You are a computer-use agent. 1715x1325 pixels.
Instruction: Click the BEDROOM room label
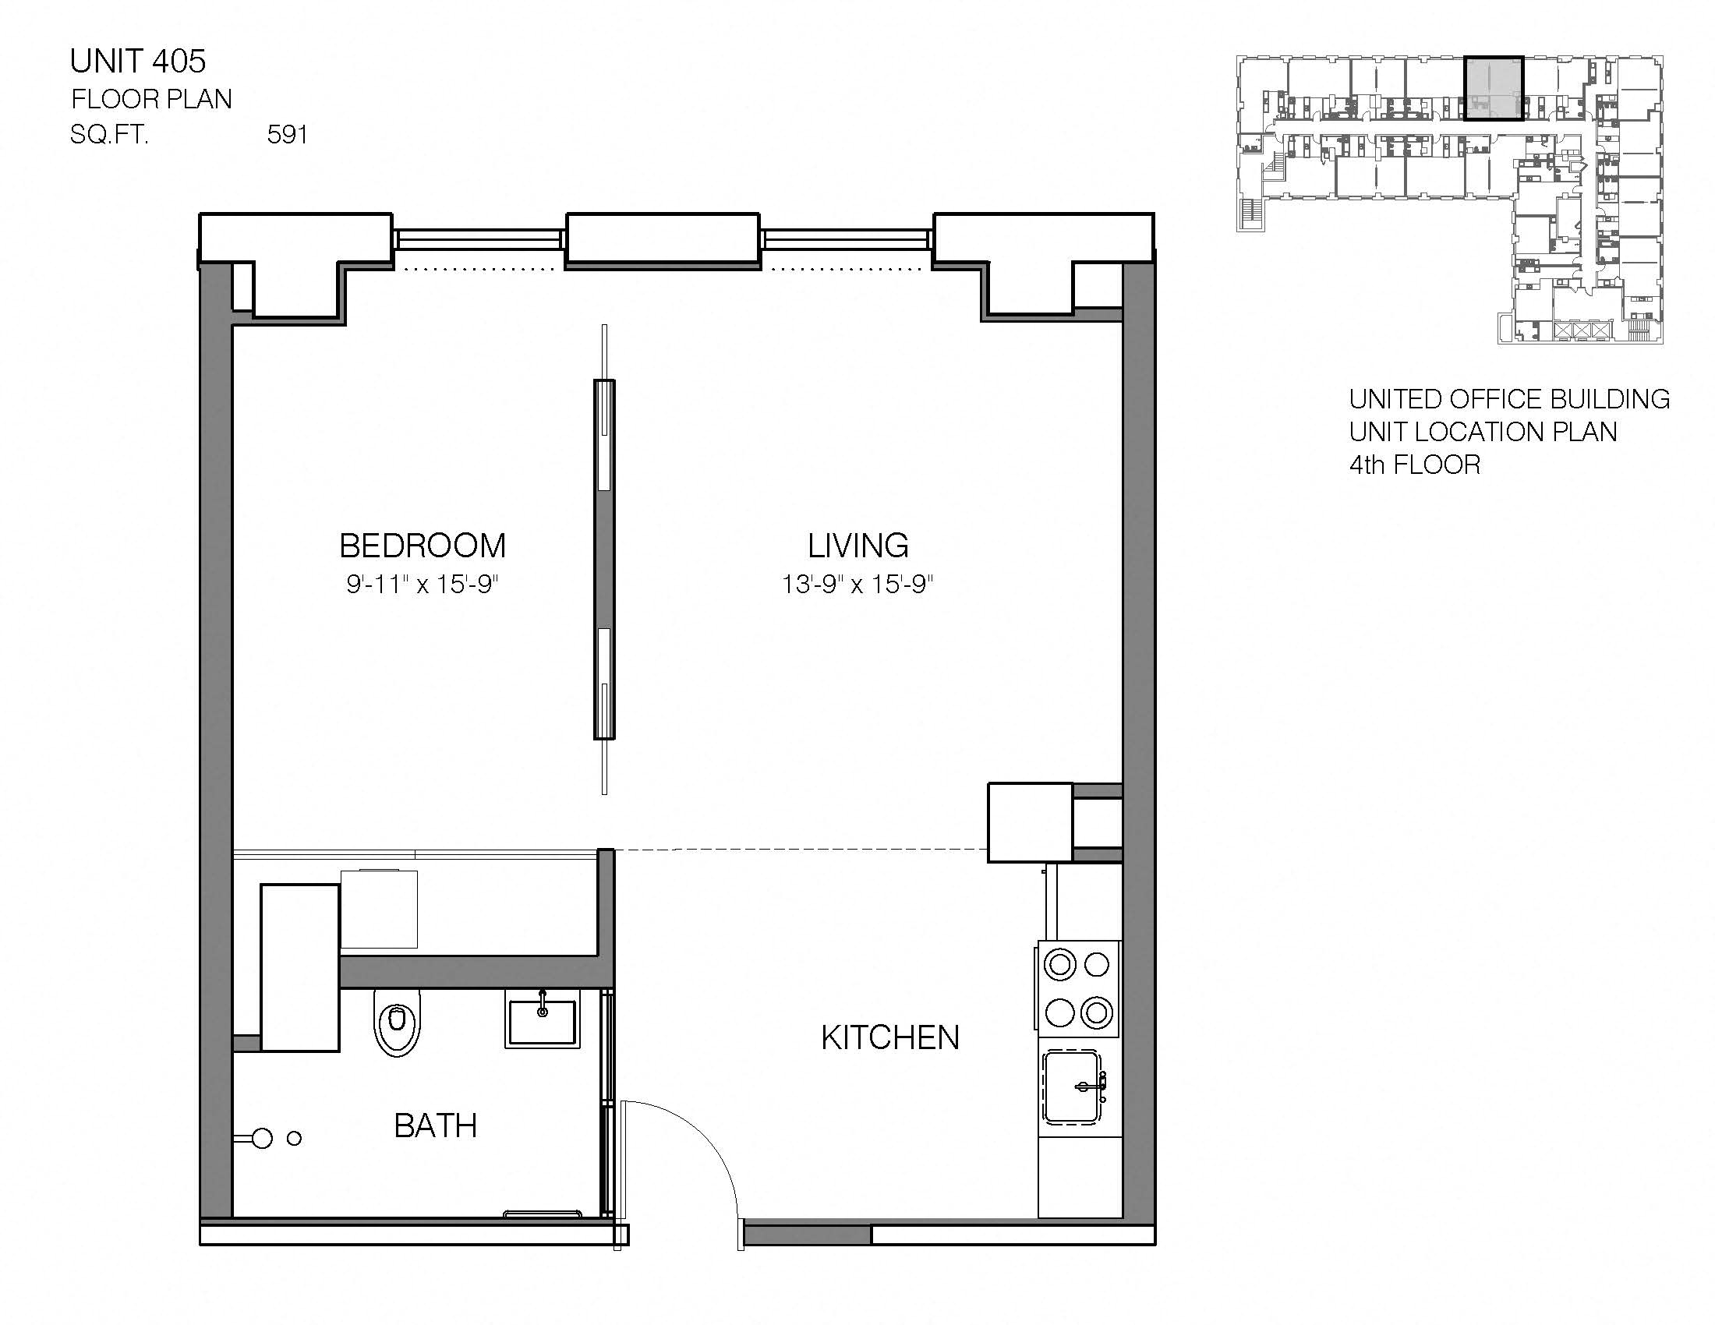(423, 546)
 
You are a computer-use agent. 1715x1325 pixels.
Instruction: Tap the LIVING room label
(857, 546)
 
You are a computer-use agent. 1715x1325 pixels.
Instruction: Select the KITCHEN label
(889, 1037)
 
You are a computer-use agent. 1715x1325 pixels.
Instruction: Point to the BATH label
(435, 1125)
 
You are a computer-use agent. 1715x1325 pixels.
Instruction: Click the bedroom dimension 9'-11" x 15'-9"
(423, 584)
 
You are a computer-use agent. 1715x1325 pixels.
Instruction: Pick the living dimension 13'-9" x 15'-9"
(857, 584)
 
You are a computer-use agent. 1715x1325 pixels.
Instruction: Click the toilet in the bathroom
(398, 1021)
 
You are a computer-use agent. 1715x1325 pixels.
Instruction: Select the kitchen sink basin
(1073, 1087)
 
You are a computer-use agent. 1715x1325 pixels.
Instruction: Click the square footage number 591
(287, 135)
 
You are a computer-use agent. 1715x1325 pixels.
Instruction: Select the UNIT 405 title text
(138, 62)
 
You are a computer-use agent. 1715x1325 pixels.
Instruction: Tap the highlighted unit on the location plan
(1494, 88)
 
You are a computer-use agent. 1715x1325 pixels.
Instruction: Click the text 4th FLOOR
(1414, 465)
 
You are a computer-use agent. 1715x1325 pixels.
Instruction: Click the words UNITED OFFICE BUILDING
(1508, 399)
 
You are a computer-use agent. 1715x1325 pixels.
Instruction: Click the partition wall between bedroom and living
(604, 559)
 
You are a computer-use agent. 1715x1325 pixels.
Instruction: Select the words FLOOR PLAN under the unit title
(151, 99)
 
